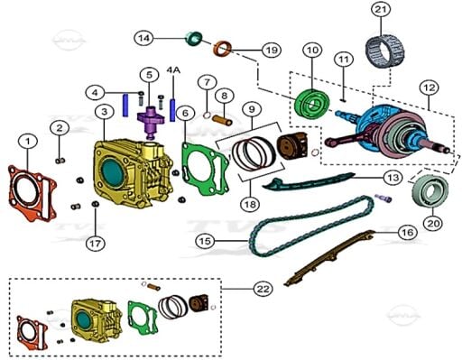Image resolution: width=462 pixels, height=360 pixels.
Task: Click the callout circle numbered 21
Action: (381, 10)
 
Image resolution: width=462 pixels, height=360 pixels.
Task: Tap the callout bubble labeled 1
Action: (28, 142)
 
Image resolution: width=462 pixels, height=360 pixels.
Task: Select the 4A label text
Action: (173, 69)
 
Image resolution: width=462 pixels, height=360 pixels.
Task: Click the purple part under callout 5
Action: (151, 121)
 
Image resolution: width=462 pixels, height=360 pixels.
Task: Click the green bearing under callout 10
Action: (311, 104)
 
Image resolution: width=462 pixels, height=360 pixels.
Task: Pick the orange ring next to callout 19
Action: (223, 49)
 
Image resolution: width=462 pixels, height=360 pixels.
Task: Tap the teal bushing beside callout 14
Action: (193, 39)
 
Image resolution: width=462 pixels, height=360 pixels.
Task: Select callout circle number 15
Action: (206, 241)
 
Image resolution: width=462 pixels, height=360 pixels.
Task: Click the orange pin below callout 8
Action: (222, 119)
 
